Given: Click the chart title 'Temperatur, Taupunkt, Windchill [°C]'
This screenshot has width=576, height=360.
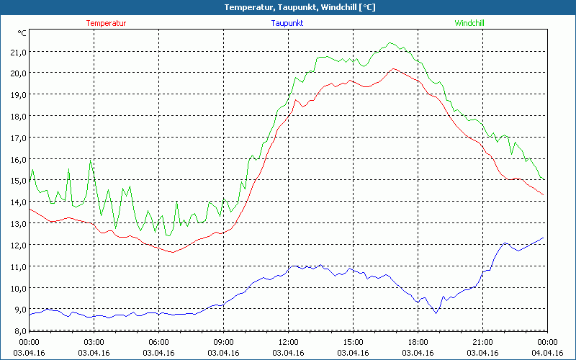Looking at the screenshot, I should pos(288,7).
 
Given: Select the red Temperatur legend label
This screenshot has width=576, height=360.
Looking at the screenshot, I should pos(106,23).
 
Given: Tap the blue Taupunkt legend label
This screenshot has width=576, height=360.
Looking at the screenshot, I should pos(287,23).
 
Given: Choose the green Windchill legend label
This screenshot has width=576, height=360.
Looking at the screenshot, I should pos(469,23).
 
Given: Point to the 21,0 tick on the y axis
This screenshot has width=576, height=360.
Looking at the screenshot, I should pos(17,52).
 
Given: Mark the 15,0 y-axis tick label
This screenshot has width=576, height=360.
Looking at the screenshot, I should pos(17,181).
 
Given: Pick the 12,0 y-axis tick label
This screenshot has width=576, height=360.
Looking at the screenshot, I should pos(17,245).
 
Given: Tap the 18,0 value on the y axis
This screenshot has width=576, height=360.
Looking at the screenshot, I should pos(17,116).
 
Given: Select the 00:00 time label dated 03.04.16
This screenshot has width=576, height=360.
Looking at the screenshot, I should pos(29,342).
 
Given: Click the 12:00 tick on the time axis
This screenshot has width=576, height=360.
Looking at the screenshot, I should pos(288,342).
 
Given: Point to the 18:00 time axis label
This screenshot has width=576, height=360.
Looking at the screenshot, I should pos(418,342).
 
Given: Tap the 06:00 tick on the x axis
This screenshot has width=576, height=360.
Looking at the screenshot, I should pos(158,342).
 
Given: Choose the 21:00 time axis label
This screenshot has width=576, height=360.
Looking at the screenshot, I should pos(482,342).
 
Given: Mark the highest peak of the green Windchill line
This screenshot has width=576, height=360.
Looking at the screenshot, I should pos(391,43).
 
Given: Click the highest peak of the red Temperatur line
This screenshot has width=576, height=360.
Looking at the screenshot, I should pos(393,69).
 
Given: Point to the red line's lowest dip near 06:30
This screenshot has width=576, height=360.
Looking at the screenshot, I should pos(172,252).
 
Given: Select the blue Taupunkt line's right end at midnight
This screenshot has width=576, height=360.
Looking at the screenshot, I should pos(544,238).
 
